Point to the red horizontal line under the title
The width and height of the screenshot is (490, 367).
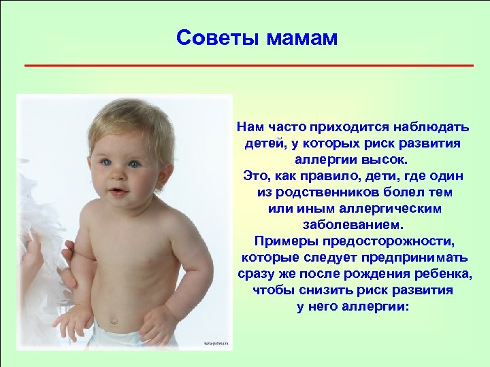click(248, 65)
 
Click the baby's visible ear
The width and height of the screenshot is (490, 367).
click(164, 162)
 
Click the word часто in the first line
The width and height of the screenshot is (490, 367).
click(285, 127)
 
